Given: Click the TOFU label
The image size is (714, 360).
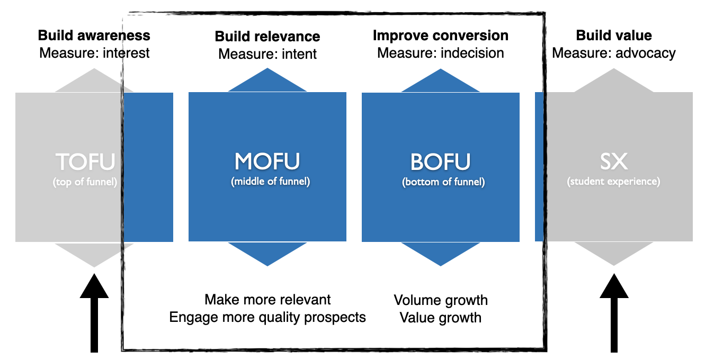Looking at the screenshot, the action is coord(85,162).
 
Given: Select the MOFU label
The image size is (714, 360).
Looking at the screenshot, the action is coord(267,161).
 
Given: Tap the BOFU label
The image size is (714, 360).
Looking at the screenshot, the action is coord(440,162).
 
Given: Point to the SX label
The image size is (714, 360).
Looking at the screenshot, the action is coord(613,161).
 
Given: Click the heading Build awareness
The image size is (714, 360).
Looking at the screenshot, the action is coord(94,35).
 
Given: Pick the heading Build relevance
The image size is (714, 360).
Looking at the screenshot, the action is coord(267,37).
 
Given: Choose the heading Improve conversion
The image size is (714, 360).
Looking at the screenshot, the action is coord(441,35).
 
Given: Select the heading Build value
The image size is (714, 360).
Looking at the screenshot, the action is coord(614,35).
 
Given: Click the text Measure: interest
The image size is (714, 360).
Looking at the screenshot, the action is coord(94,53).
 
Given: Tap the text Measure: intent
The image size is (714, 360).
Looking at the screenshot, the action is coord(267,54).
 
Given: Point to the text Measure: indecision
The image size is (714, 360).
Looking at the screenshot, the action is coord(441,53).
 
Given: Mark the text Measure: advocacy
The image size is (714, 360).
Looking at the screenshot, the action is coord(613,53).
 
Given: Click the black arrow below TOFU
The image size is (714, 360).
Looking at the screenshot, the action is coord(94,313).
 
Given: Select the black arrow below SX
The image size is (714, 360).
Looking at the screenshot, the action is coord(614,313).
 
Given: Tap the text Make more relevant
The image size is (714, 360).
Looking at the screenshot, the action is coord(267,300).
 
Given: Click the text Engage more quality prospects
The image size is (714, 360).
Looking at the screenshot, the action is coord(267,317).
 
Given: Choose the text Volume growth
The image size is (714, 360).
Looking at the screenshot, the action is coord(441,300).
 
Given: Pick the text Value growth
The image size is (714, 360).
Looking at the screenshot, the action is coord(441,318).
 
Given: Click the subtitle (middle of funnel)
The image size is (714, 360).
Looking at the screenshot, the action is coord(270,181).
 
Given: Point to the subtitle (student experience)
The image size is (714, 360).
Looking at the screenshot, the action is coord(613,181).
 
